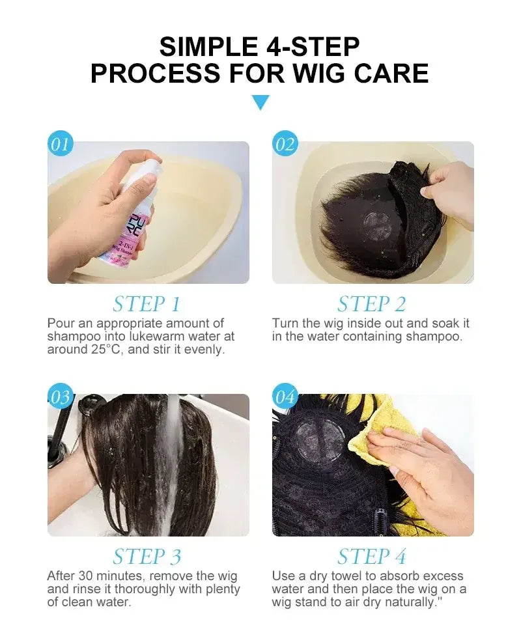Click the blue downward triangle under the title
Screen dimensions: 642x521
260,102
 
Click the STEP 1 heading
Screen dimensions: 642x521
147,304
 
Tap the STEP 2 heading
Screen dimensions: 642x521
371,304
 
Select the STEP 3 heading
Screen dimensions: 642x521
147,557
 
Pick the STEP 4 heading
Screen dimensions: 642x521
371,557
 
